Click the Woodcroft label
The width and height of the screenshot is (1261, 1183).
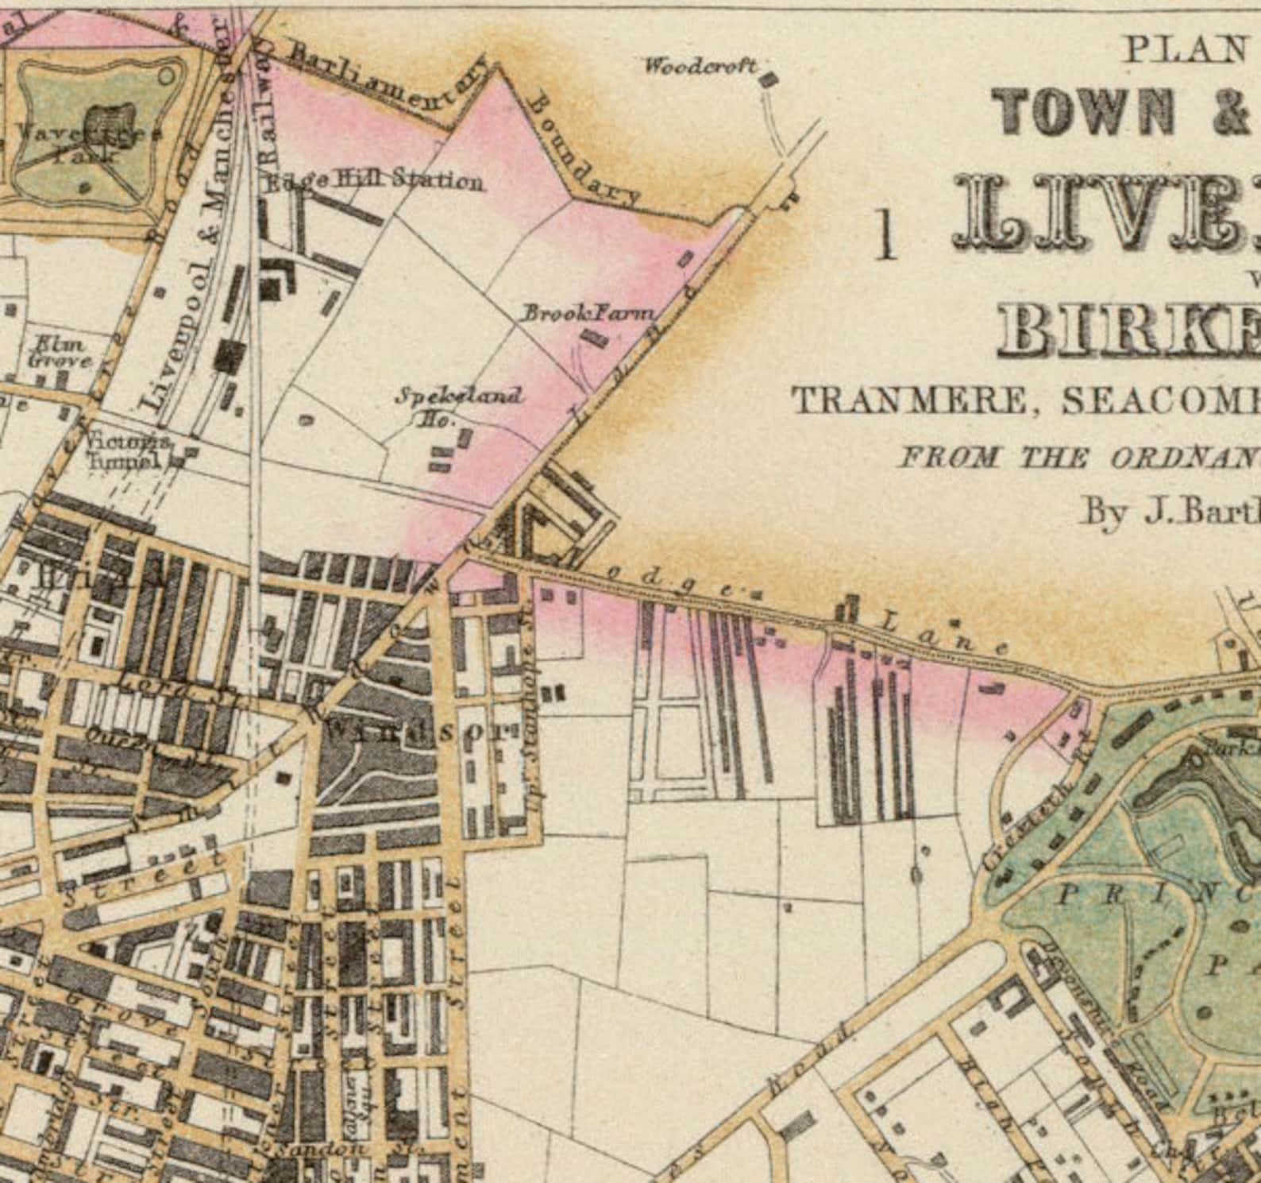[x=700, y=66]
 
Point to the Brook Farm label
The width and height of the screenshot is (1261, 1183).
[x=588, y=313]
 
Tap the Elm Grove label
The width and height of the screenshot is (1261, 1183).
[x=60, y=352]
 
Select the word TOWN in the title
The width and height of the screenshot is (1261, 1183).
[x=1085, y=111]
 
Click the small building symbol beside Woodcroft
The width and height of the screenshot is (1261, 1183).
[x=769, y=79]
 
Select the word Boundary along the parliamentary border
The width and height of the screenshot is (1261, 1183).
[x=583, y=151]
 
